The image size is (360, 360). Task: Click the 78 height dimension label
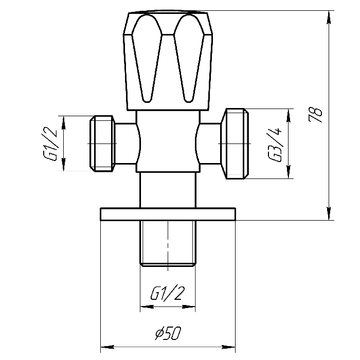pyautogui.click(x=315, y=114)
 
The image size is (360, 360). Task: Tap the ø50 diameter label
pyautogui.click(x=168, y=333)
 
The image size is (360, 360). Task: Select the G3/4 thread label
pyautogui.click(x=275, y=145)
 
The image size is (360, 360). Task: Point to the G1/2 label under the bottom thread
pyautogui.click(x=168, y=293)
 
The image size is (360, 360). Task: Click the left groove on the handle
pyautogui.click(x=147, y=58)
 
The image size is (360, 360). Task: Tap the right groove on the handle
pyautogui.click(x=189, y=58)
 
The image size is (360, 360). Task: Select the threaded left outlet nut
pyautogui.click(x=102, y=143)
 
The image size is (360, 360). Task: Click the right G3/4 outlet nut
pyautogui.click(x=235, y=143)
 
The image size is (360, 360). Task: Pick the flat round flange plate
pyautogui.click(x=168, y=214)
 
